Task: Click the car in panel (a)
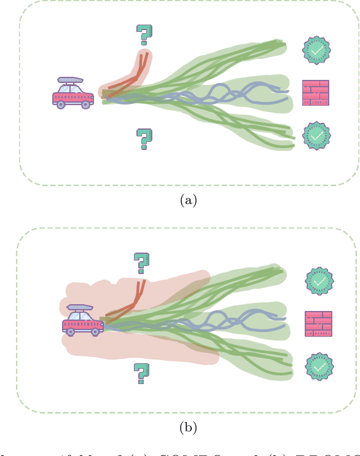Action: point(72,93)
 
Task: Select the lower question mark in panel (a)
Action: point(144,139)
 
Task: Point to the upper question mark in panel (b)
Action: point(142,263)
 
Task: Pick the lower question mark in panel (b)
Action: point(142,372)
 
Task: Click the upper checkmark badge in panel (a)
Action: point(316,51)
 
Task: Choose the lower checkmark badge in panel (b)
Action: point(319,366)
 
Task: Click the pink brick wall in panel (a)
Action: point(316,93)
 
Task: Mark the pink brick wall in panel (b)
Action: point(318,324)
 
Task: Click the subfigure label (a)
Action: point(187,200)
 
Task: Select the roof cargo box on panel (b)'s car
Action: point(80,307)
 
